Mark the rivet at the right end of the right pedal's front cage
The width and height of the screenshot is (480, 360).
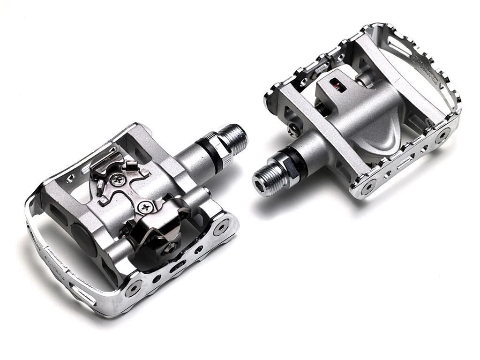coord(442,136)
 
